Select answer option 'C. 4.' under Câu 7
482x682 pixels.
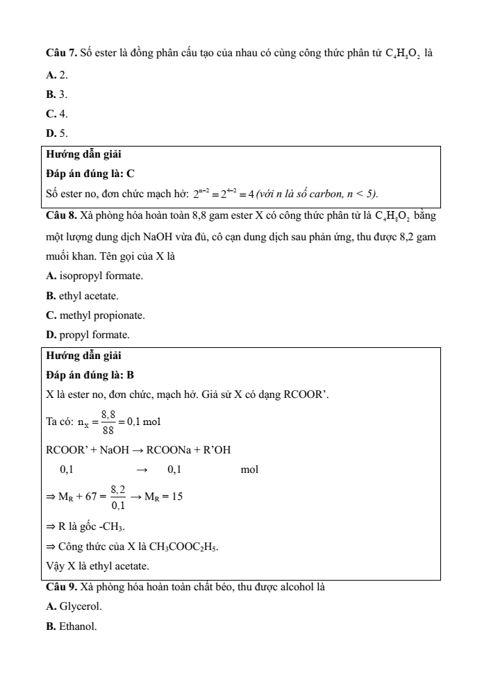pyautogui.click(x=56, y=113)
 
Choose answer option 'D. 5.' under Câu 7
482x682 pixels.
pyautogui.click(x=56, y=133)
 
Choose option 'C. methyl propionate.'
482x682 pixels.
pyautogui.click(x=95, y=315)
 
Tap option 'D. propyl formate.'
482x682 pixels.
pyautogui.click(x=88, y=335)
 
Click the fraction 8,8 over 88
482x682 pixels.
pyautogui.click(x=108, y=421)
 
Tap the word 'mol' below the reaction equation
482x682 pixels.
pyautogui.click(x=249, y=470)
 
